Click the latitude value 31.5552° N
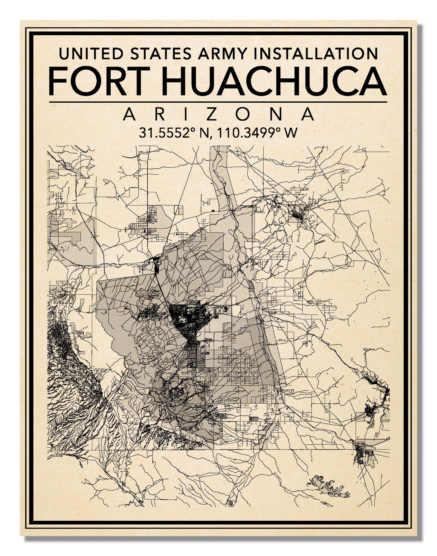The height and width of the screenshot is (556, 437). pyautogui.click(x=174, y=133)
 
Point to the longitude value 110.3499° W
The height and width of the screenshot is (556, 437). pyautogui.click(x=257, y=133)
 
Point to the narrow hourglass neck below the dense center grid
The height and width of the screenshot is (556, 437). pyautogui.click(x=190, y=340)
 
